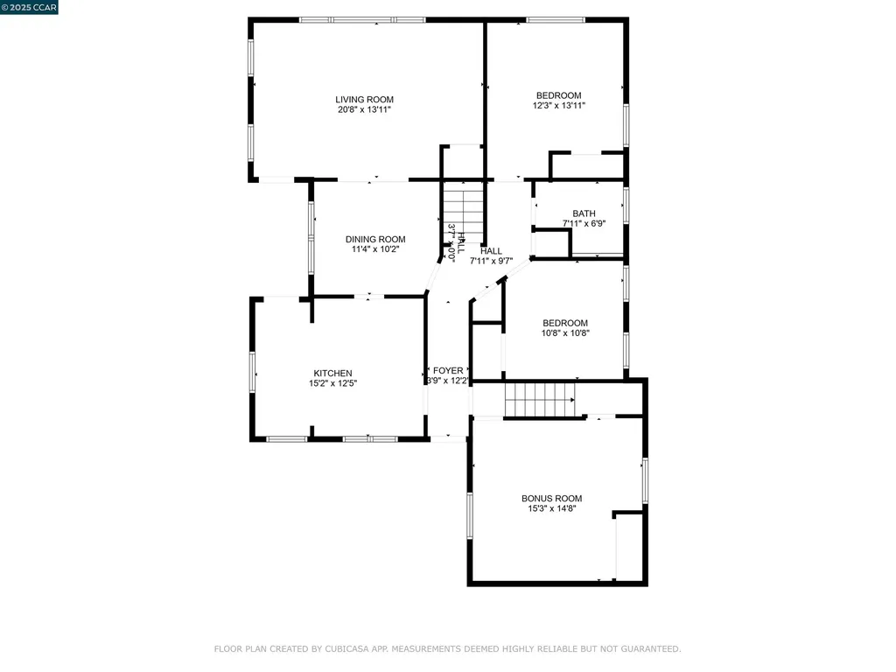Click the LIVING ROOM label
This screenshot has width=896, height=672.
coord(364,99)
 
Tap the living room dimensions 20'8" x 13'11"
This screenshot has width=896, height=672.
coord(364,109)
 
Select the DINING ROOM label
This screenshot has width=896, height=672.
coord(375,239)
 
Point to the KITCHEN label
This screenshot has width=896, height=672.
coord(333,373)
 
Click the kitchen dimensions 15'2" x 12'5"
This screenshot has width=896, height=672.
coord(333,383)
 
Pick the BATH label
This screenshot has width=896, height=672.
coord(584,213)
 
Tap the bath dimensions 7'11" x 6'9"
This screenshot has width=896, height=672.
coord(584,223)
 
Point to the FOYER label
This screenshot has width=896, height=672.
coord(448,371)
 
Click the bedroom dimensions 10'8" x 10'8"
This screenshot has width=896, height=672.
coord(565,332)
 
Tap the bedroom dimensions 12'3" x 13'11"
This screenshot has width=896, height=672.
coord(558,105)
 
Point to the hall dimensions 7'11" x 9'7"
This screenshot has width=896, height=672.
coord(491,260)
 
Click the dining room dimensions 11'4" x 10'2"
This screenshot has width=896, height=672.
coord(375,248)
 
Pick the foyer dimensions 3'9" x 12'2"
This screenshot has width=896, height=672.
coord(448,381)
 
